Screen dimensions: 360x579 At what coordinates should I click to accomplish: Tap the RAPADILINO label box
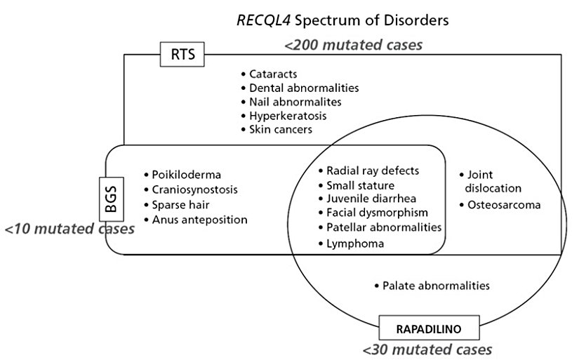point(420,328)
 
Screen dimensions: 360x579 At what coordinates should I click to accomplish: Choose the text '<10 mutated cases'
point(69,229)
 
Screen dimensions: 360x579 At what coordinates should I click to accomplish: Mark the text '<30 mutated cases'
point(427,349)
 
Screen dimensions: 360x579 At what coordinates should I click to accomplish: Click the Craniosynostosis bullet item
point(194,190)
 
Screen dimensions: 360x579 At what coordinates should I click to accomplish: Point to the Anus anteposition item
point(199,220)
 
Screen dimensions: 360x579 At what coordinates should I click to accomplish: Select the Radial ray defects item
point(372,171)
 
